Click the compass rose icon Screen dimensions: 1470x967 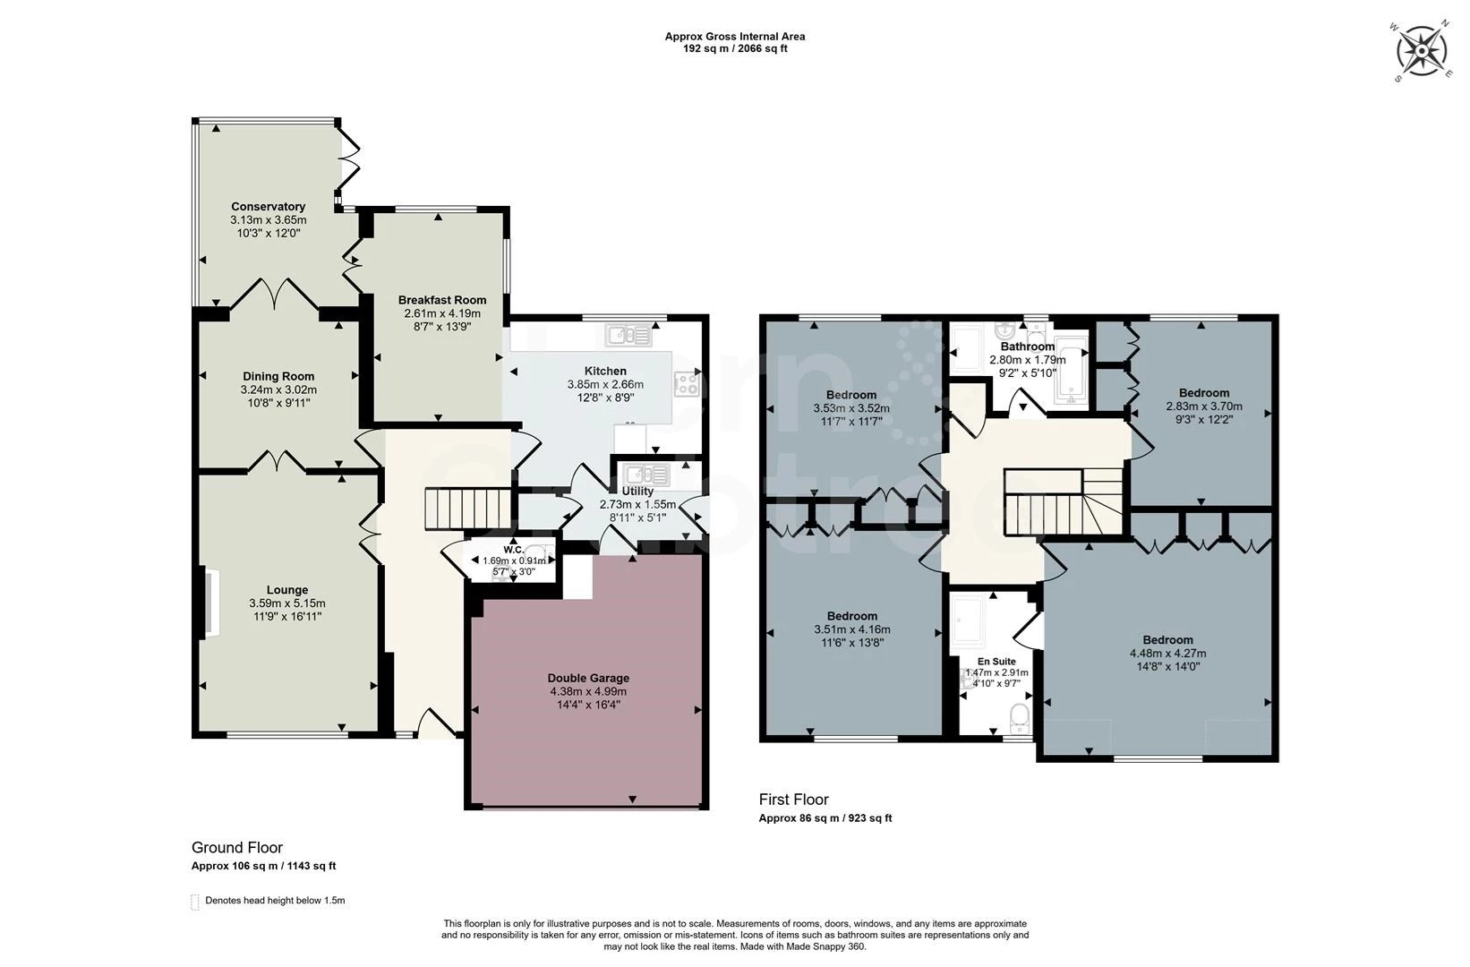tap(1422, 50)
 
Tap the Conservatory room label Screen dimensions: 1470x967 tap(268, 207)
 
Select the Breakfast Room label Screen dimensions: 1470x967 tap(442, 300)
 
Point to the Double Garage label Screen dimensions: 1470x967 tap(588, 678)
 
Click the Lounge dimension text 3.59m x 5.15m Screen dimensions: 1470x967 tap(286, 603)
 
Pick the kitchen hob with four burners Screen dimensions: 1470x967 tap(687, 383)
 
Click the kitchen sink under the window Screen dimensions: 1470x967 tap(628, 336)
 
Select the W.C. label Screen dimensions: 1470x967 tap(513, 550)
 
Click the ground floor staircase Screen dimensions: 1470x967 tap(468, 508)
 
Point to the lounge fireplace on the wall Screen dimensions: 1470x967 tap(213, 603)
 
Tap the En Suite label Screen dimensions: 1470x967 tap(996, 662)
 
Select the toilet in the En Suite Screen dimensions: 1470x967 tap(1019, 718)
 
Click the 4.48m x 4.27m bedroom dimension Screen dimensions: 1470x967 tap(1167, 654)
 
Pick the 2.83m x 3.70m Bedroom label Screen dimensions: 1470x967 tap(1203, 393)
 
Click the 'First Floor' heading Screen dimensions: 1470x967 tap(793, 800)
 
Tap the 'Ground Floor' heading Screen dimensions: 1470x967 tap(237, 848)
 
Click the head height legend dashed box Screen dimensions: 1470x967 tap(195, 902)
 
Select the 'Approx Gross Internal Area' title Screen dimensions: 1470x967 tap(735, 37)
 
